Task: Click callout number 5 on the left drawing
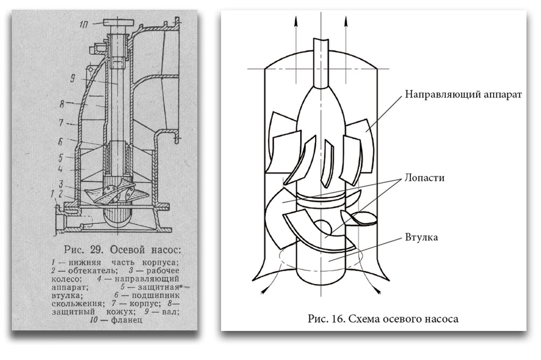[x=62, y=158]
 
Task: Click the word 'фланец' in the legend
[x=127, y=321]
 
